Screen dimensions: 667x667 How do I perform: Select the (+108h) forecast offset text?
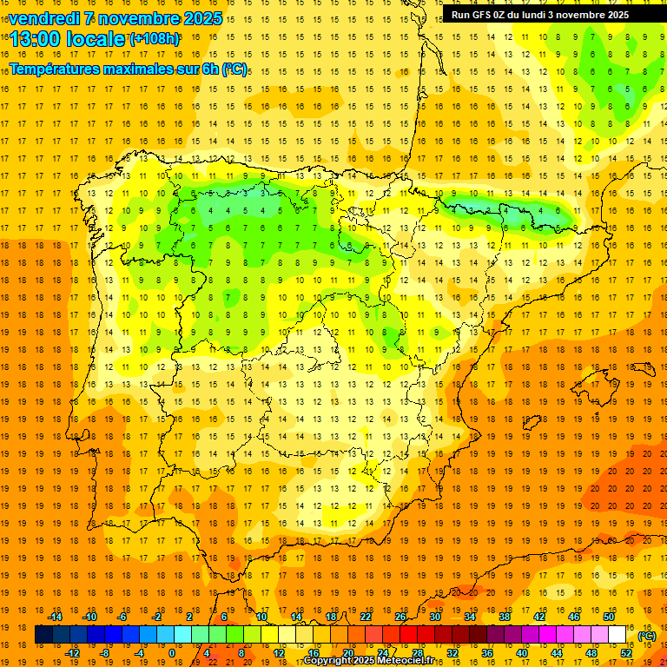[155, 38]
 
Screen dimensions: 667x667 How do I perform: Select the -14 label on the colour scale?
[56, 617]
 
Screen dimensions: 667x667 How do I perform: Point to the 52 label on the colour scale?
[626, 653]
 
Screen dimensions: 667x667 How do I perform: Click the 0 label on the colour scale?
[172, 653]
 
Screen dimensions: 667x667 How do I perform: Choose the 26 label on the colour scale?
[400, 617]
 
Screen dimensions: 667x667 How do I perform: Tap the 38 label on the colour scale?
[505, 617]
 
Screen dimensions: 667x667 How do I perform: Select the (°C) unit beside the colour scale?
[647, 636]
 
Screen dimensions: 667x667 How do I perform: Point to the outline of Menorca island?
[644, 357]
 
